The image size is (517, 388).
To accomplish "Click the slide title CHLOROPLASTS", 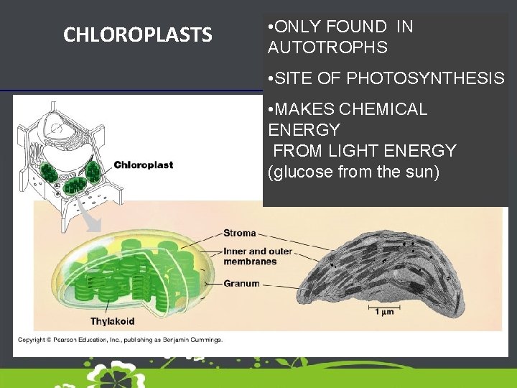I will pyautogui.click(x=137, y=34).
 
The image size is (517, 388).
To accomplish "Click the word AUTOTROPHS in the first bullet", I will pyautogui.click(x=327, y=48).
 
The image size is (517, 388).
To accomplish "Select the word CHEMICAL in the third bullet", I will pyautogui.click(x=383, y=110).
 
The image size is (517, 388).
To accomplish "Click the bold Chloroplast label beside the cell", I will pyautogui.click(x=144, y=165).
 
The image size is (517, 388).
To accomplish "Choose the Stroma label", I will pyautogui.click(x=239, y=233).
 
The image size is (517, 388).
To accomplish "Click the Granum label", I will pyautogui.click(x=241, y=284).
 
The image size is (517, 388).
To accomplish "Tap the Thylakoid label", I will pyautogui.click(x=112, y=321).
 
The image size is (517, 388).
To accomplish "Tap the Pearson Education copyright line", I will pyautogui.click(x=120, y=340).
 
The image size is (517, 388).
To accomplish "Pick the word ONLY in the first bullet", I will pyautogui.click(x=296, y=27).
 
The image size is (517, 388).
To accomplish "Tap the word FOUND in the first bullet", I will pyautogui.click(x=355, y=27).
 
